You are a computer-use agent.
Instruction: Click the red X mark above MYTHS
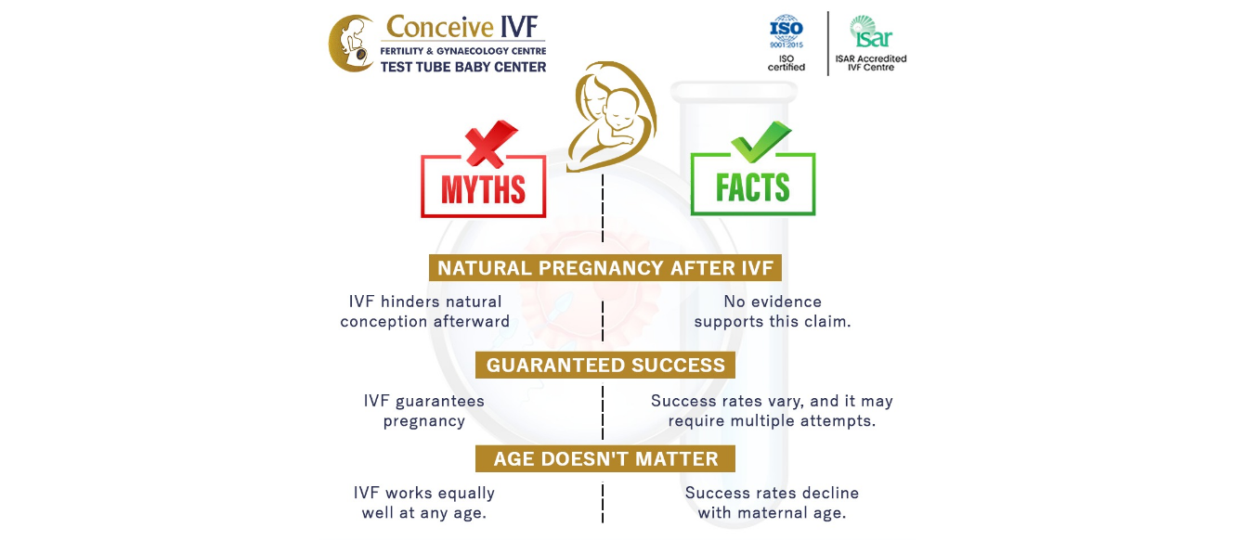(x=490, y=144)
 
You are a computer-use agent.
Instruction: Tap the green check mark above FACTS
(x=760, y=142)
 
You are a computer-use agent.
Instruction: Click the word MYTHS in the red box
(x=483, y=190)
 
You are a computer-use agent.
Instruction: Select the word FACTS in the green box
(x=752, y=187)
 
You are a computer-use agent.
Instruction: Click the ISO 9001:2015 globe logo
(x=786, y=32)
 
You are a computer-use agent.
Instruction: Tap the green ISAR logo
(x=871, y=32)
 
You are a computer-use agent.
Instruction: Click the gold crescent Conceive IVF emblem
(x=352, y=43)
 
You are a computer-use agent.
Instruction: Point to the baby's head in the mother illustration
(x=621, y=108)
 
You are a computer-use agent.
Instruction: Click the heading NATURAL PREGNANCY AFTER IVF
(x=604, y=268)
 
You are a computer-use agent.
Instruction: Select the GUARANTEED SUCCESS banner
(x=604, y=365)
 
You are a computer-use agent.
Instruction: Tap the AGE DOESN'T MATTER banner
(x=604, y=458)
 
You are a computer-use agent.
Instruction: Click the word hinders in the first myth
(x=410, y=302)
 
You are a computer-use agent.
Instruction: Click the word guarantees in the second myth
(x=439, y=401)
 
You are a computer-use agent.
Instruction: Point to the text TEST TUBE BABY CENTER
(x=463, y=67)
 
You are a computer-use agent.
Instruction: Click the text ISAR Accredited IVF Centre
(x=871, y=63)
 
